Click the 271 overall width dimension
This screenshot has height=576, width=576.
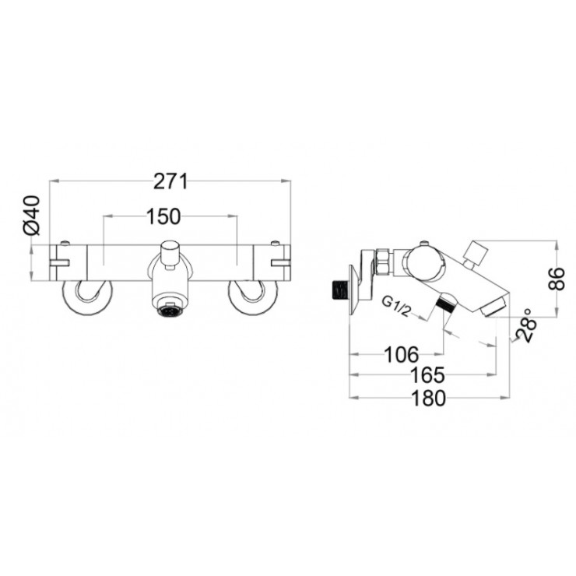(170, 181)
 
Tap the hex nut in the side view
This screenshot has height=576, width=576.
(384, 262)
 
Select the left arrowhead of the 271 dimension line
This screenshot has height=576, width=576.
(52, 181)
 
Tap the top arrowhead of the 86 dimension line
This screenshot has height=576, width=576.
(555, 242)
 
